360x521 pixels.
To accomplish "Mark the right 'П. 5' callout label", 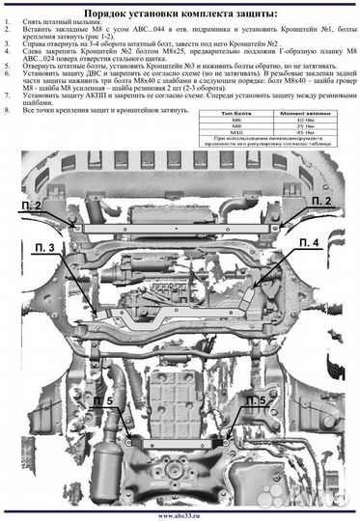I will pos(256,399).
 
